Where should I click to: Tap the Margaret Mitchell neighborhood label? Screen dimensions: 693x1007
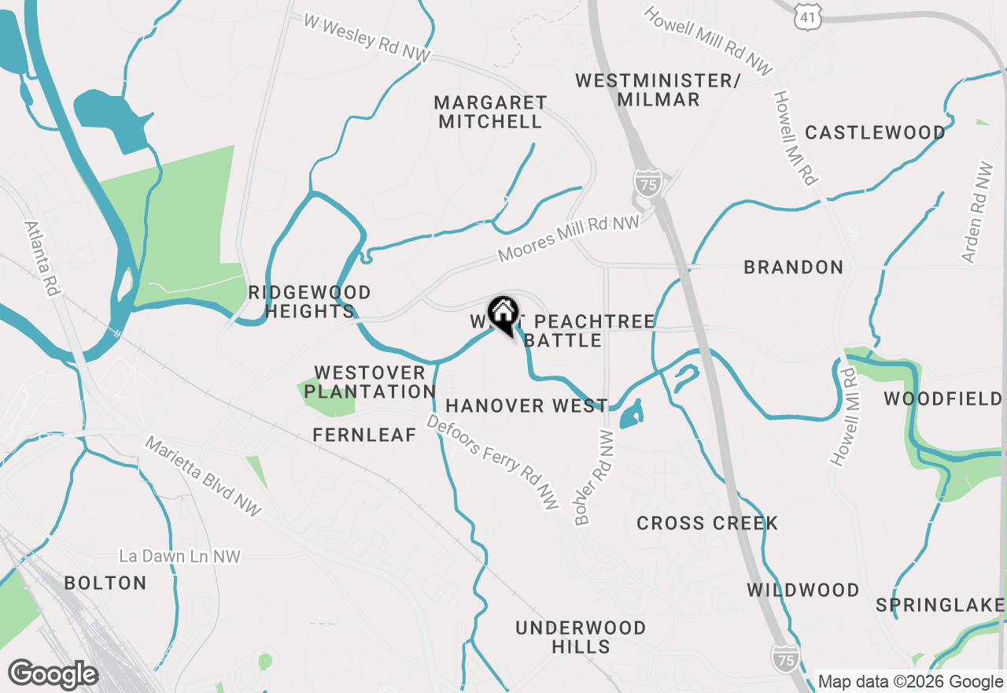tap(490, 112)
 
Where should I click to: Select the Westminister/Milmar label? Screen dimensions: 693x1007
tap(658, 90)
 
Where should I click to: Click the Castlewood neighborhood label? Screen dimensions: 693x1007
tap(874, 132)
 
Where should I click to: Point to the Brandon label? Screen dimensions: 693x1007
tap(793, 268)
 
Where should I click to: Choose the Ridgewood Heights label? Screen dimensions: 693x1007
tap(308, 302)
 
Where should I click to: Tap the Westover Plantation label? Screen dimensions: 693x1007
tap(370, 382)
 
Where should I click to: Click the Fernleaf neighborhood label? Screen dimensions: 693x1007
tap(364, 435)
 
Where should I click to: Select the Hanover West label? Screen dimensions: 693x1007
tap(526, 406)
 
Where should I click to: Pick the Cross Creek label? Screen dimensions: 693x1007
tap(707, 524)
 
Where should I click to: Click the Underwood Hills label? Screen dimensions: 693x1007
tap(581, 637)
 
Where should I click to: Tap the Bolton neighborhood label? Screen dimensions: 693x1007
tap(105, 584)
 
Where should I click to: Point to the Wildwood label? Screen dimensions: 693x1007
tap(802, 591)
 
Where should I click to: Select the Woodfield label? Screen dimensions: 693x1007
tap(942, 399)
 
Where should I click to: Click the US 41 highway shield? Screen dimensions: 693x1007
tap(808, 16)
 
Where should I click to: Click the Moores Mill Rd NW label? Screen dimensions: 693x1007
tap(569, 240)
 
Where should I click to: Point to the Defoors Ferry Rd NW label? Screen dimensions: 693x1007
tap(492, 461)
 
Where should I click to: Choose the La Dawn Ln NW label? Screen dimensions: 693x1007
tap(179, 557)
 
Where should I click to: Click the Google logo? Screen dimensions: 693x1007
tap(53, 675)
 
